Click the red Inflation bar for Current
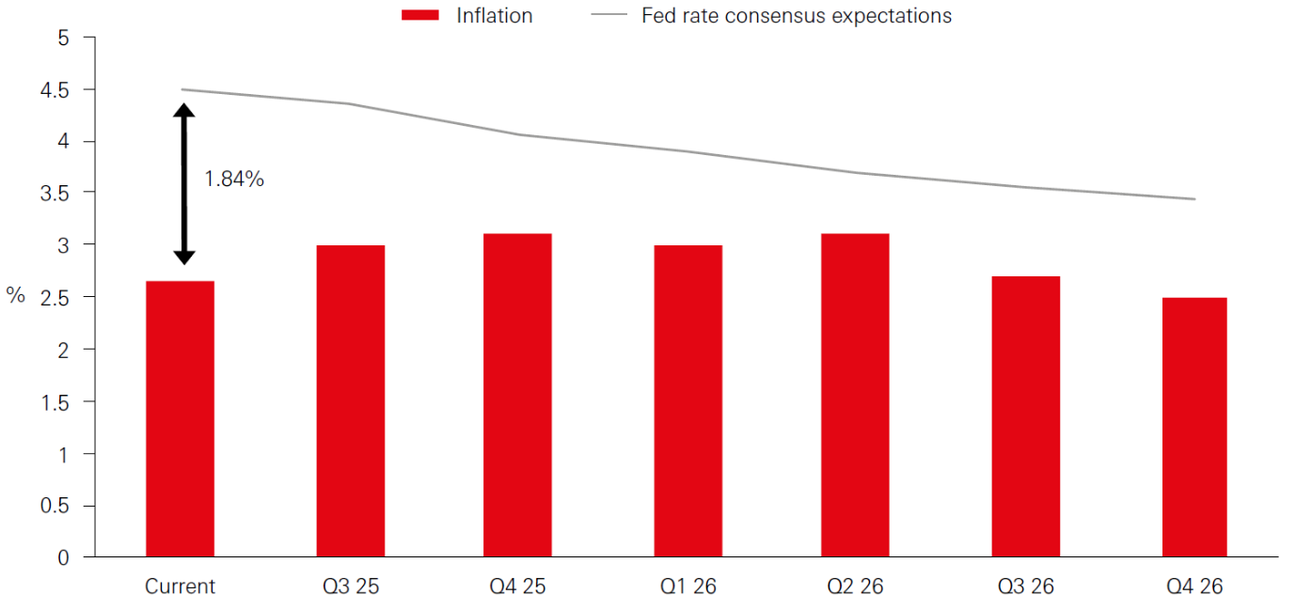pos(180,418)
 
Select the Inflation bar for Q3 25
pos(350,400)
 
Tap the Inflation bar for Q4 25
pos(517,395)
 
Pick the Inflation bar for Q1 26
pos(688,400)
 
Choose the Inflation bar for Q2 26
pos(855,395)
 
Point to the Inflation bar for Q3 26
pos(1025,416)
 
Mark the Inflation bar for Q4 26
pos(1193,427)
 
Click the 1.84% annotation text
pos(234,179)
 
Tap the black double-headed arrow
pos(184,183)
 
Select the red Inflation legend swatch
pos(421,16)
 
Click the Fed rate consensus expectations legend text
pos(797,16)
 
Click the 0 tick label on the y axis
pos(64,557)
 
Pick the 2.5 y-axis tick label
pos(57,298)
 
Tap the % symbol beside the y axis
pos(15,296)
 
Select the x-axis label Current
pos(180,587)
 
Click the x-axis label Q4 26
pos(1194,587)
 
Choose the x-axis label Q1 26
pos(688,587)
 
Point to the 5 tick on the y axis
pos(64,39)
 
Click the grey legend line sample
pos(609,16)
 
